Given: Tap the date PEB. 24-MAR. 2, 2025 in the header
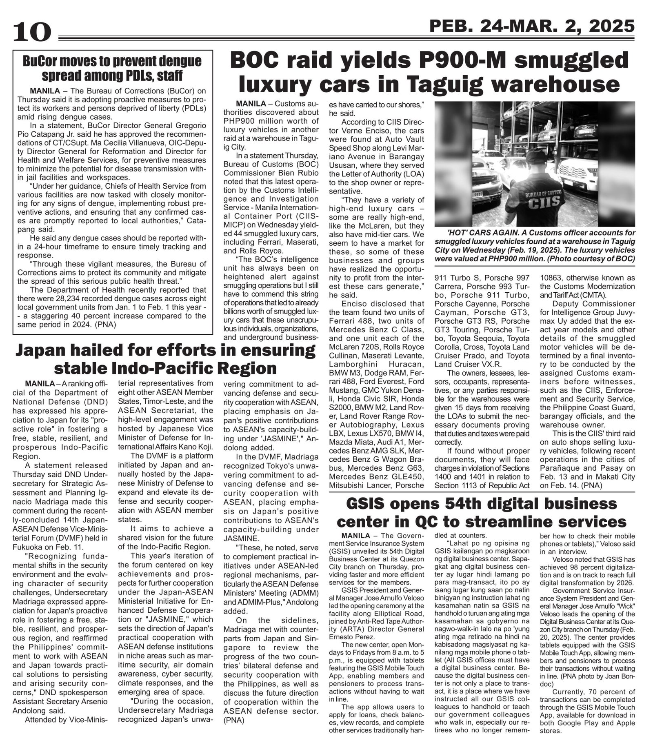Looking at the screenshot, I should point(532,27).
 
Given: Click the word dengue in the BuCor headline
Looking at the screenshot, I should point(179,61).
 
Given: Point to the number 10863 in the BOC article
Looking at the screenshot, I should point(554,278).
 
